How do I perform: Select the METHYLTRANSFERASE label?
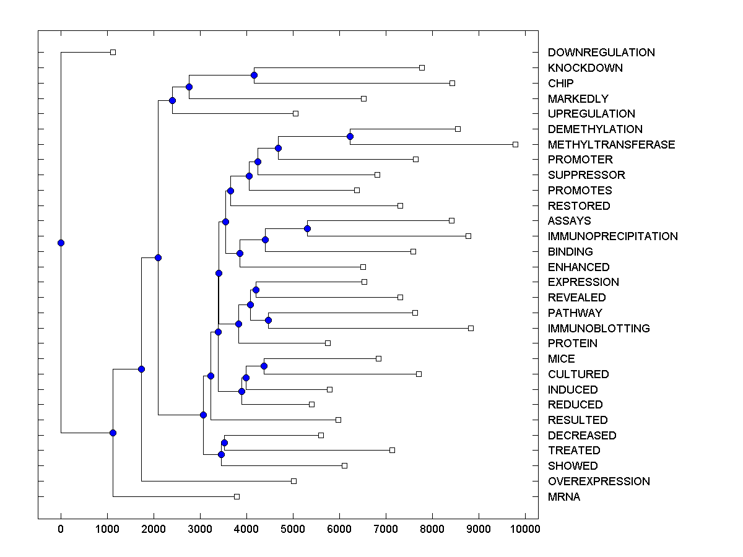pos(611,145)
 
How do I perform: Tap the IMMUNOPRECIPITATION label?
pos(612,236)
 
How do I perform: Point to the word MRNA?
pos(564,497)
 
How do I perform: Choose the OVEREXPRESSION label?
pos(599,481)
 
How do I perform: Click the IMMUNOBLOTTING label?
pos(599,329)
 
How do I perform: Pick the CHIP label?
pos(560,84)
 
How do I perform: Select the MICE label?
pos(561,359)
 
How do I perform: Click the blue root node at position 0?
pos(61,243)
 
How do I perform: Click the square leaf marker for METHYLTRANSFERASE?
pos(515,144)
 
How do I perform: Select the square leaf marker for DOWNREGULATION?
pos(113,52)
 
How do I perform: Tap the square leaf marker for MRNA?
pos(237,496)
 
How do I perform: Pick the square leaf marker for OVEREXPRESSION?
pos(293,481)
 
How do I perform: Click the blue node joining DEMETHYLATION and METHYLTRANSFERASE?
pos(350,136)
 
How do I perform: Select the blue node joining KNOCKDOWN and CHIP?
pos(254,75)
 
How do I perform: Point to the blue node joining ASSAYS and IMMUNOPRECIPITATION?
pos(307,228)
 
